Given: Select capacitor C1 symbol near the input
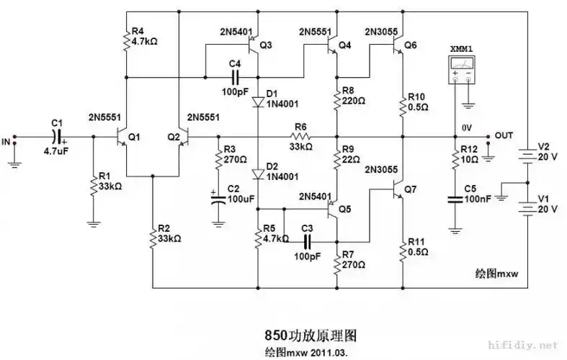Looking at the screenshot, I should [57, 136].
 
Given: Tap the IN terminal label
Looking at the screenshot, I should [6, 140].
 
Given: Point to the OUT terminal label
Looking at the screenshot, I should [504, 135].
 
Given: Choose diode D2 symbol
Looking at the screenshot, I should [257, 174].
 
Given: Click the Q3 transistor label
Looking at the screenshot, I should [266, 45].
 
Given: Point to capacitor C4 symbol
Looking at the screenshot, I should [234, 77].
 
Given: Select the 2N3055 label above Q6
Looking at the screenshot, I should [382, 32].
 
